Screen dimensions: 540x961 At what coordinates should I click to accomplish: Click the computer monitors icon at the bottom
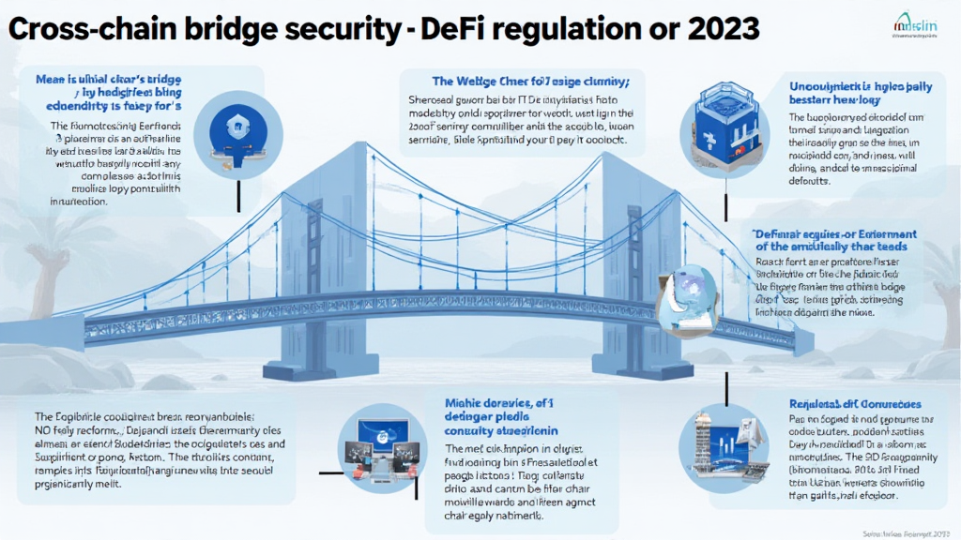(382, 447)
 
